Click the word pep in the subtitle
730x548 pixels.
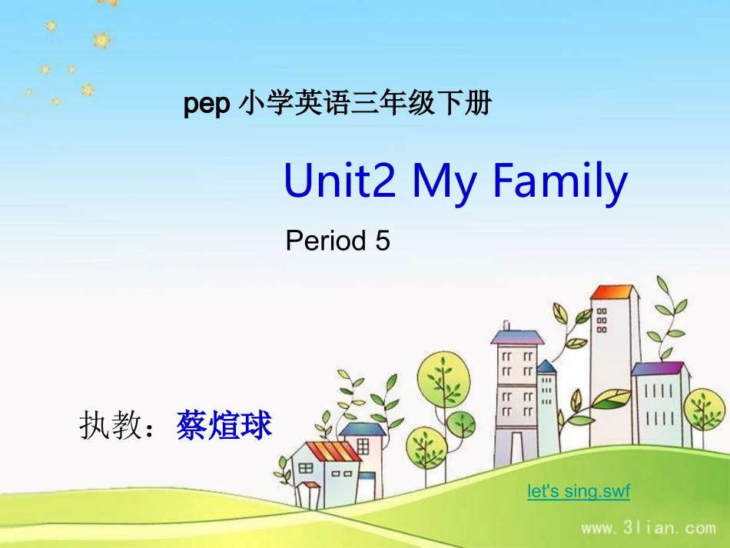(x=207, y=105)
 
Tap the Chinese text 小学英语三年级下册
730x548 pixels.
(x=364, y=104)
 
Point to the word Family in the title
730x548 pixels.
(x=559, y=182)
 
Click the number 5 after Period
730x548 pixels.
(x=383, y=241)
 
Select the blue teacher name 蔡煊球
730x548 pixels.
(x=224, y=425)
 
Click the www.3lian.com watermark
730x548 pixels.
(x=649, y=528)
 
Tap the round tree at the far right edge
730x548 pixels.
(x=705, y=407)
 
